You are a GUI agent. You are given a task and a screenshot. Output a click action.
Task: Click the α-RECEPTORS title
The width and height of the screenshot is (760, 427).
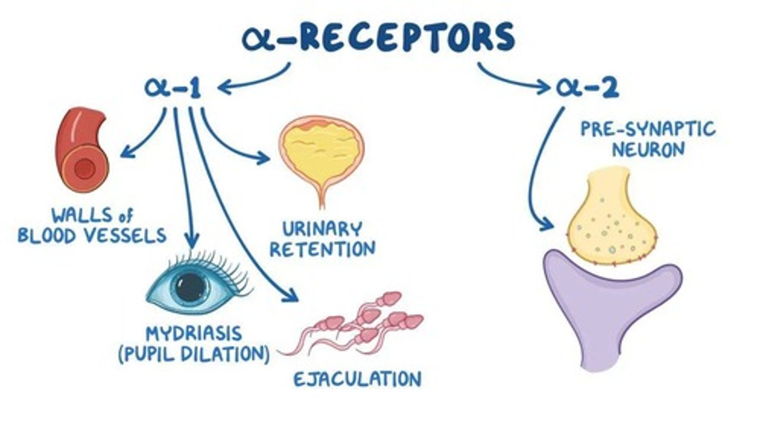(x=378, y=38)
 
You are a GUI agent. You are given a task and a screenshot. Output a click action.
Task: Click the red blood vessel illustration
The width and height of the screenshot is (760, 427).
(x=82, y=150)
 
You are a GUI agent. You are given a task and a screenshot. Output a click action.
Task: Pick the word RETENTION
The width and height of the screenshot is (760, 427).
(x=322, y=249)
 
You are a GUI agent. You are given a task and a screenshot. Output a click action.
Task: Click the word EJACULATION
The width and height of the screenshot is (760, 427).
(x=357, y=379)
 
